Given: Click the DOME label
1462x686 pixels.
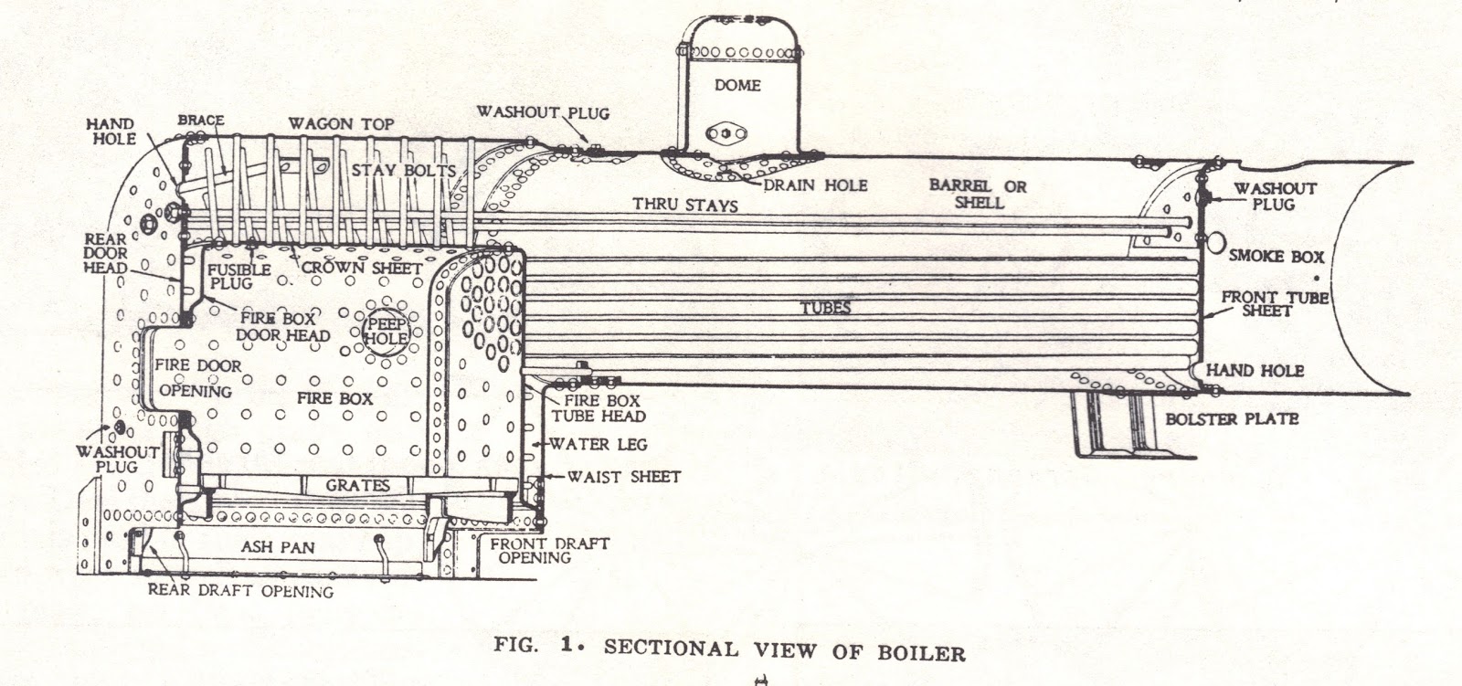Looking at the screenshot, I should (x=736, y=85).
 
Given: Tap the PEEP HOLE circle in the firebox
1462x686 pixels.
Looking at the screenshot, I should (x=386, y=331).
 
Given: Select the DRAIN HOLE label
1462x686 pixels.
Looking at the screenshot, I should (x=817, y=185).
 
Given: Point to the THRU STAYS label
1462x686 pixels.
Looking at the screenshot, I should (x=685, y=205).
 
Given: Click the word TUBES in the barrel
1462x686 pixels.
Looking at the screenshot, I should (x=827, y=308).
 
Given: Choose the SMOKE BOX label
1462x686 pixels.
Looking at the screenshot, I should (x=1276, y=257).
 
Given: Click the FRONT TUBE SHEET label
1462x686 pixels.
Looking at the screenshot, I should (x=1274, y=304).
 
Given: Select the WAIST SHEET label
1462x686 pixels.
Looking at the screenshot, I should (x=623, y=477).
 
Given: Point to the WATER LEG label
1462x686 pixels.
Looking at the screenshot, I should (x=599, y=445).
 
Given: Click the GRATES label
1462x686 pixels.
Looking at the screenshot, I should (x=358, y=485).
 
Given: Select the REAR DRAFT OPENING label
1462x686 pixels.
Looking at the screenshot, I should (x=240, y=591).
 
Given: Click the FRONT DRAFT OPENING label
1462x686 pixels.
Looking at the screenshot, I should (x=549, y=550).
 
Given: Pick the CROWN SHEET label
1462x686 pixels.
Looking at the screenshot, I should (x=362, y=268).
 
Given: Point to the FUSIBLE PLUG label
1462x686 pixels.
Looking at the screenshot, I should (x=238, y=277).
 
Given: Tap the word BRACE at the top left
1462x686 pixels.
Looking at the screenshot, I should (x=201, y=121).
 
